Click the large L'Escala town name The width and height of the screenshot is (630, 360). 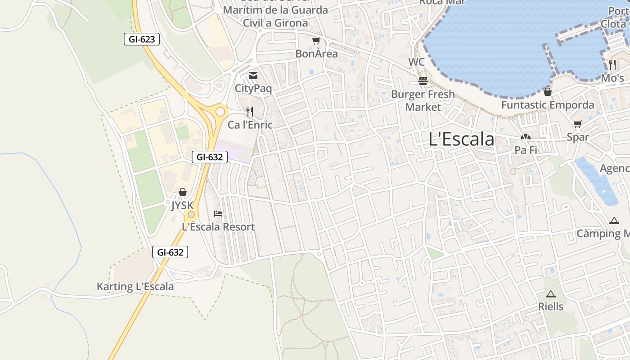click(x=461, y=139)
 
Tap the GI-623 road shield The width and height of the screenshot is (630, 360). click(x=142, y=39)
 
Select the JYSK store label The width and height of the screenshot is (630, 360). click(x=182, y=206)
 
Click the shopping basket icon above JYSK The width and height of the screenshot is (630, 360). click(x=182, y=193)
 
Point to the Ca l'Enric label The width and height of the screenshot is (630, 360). click(x=250, y=125)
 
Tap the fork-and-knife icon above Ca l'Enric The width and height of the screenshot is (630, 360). click(x=250, y=111)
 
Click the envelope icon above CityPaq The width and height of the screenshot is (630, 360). click(x=253, y=76)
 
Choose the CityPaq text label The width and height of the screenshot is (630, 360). click(x=253, y=88)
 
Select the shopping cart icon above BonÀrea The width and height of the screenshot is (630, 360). click(x=316, y=41)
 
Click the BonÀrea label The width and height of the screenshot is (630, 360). click(x=316, y=54)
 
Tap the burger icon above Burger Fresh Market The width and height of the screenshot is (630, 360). click(x=423, y=81)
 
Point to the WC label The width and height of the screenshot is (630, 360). click(x=416, y=62)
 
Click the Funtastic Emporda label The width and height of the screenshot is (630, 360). click(x=548, y=105)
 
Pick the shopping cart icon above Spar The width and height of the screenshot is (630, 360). click(x=578, y=124)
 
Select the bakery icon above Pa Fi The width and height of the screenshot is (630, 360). click(x=526, y=137)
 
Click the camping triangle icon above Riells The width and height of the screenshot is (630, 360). click(x=550, y=294)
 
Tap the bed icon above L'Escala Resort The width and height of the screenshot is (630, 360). click(x=218, y=214)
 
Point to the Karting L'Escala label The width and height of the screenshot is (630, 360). click(x=135, y=287)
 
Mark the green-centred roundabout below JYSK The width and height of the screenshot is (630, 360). click(x=191, y=215)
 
